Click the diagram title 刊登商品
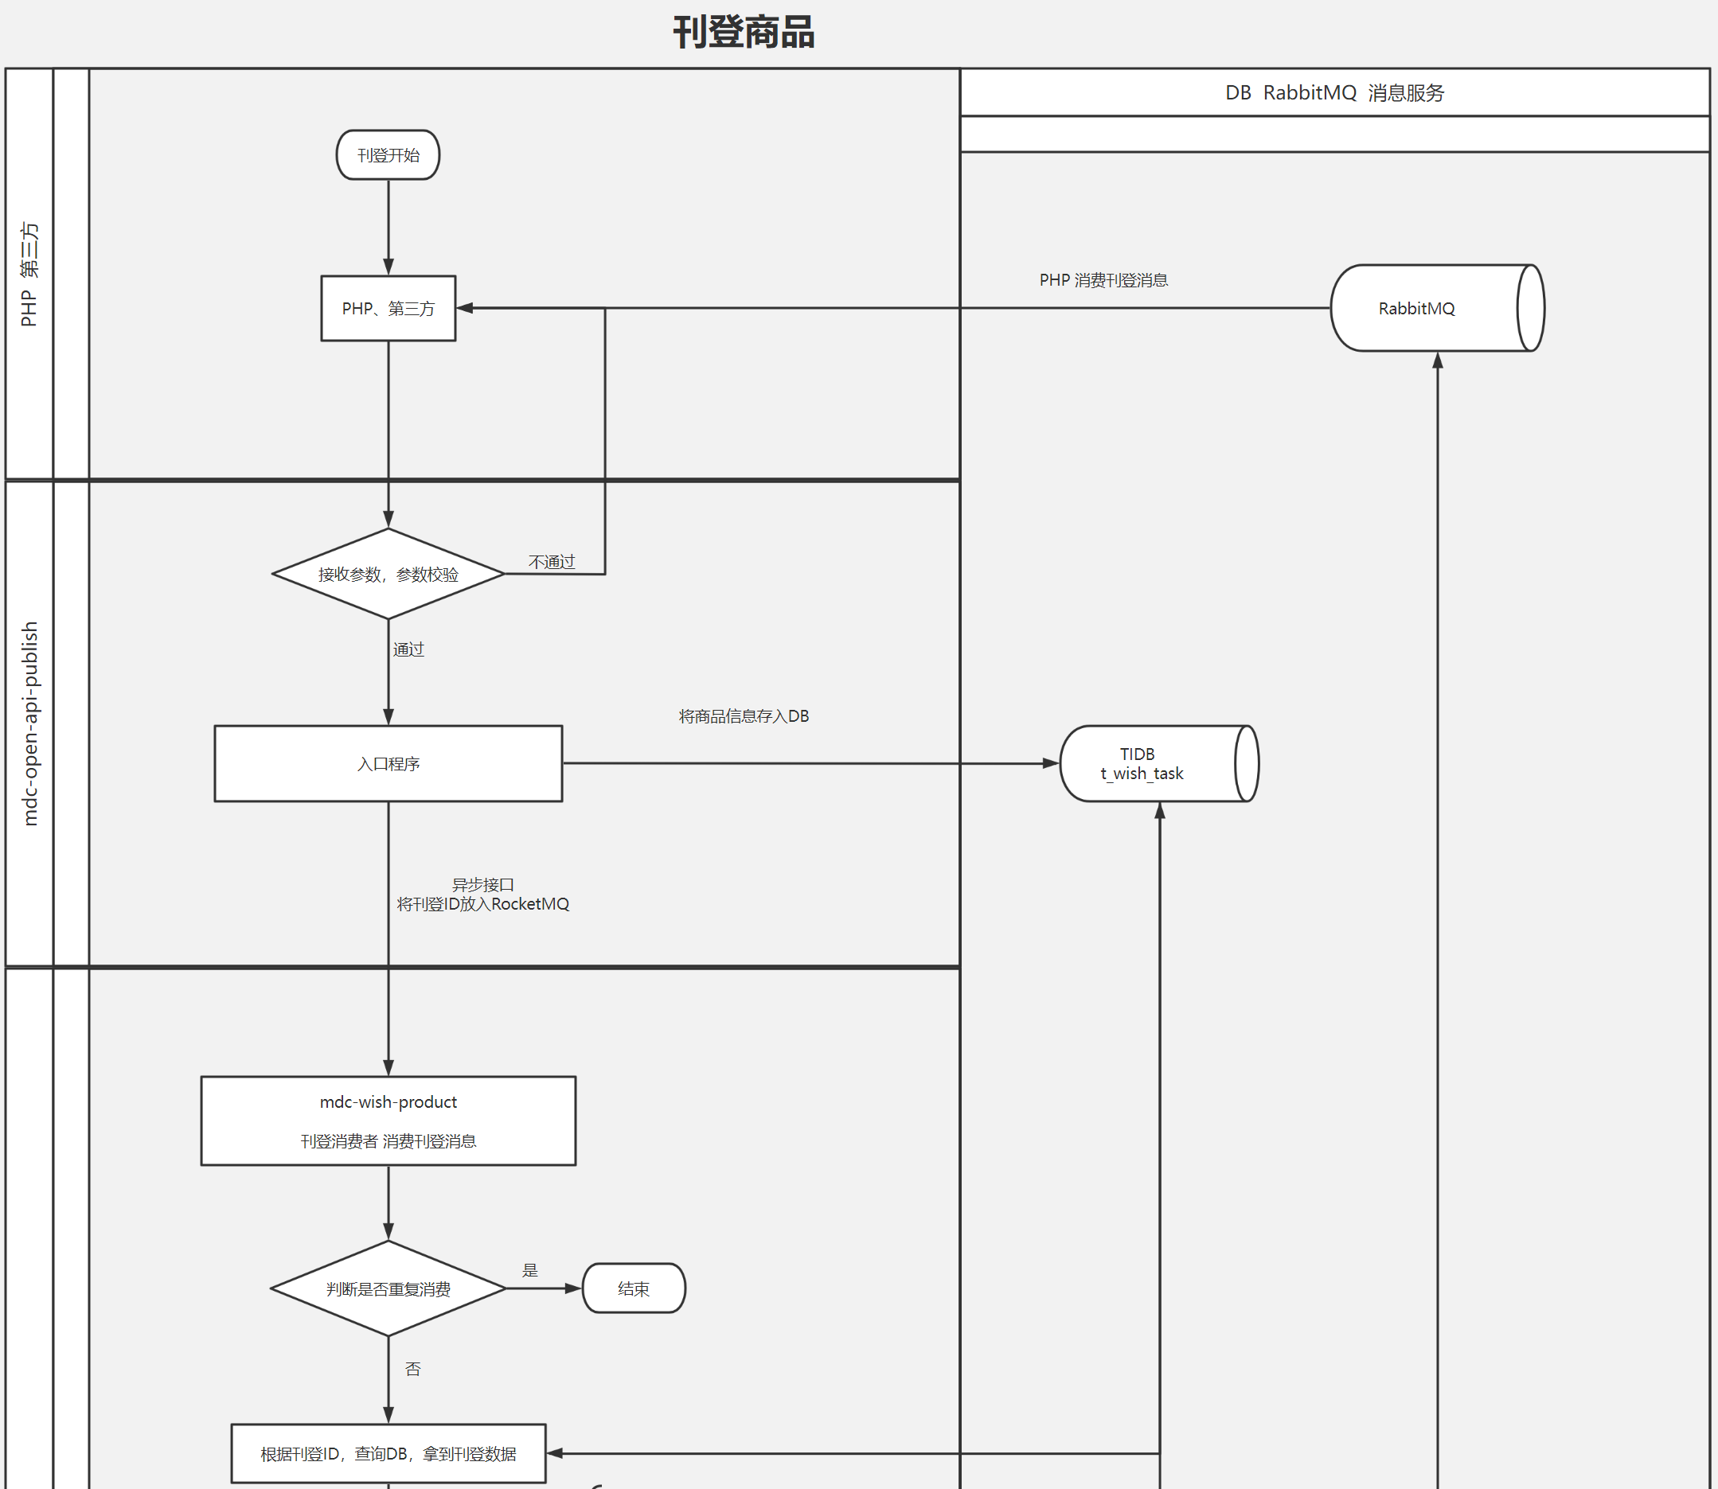743,33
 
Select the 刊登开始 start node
389,155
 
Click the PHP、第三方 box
389,308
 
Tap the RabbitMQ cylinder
1437,308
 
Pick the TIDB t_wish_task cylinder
1159,764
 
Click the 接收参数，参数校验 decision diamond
389,574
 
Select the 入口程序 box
389,764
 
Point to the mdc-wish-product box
389,1121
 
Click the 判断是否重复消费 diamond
389,1288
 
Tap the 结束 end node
634,1288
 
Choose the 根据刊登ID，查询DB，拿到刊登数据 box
389,1453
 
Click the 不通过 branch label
552,563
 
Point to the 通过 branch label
408,649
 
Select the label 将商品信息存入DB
744,716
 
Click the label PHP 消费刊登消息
1103,280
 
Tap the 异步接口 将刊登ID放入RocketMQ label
483,894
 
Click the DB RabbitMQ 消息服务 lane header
1335,92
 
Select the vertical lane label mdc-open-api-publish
30,723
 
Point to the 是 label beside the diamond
530,1269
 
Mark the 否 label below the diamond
413,1369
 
